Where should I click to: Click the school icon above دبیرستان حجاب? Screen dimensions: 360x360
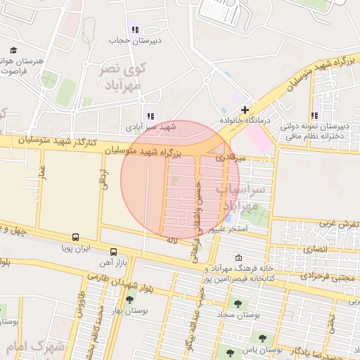pyautogui.click(x=135, y=30)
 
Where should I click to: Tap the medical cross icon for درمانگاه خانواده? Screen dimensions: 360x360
pyautogui.click(x=245, y=110)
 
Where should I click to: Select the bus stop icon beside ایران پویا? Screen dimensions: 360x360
pyautogui.click(x=75, y=238)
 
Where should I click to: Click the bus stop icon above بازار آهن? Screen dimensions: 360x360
pyautogui.click(x=113, y=252)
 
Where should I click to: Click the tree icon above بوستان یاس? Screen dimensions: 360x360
pyautogui.click(x=262, y=338)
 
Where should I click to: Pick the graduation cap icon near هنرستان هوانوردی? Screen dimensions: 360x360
pyautogui.click(x=13, y=50)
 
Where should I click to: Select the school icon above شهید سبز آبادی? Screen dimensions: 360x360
pyautogui.click(x=149, y=116)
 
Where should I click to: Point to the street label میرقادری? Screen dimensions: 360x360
pyautogui.click(x=231, y=158)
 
